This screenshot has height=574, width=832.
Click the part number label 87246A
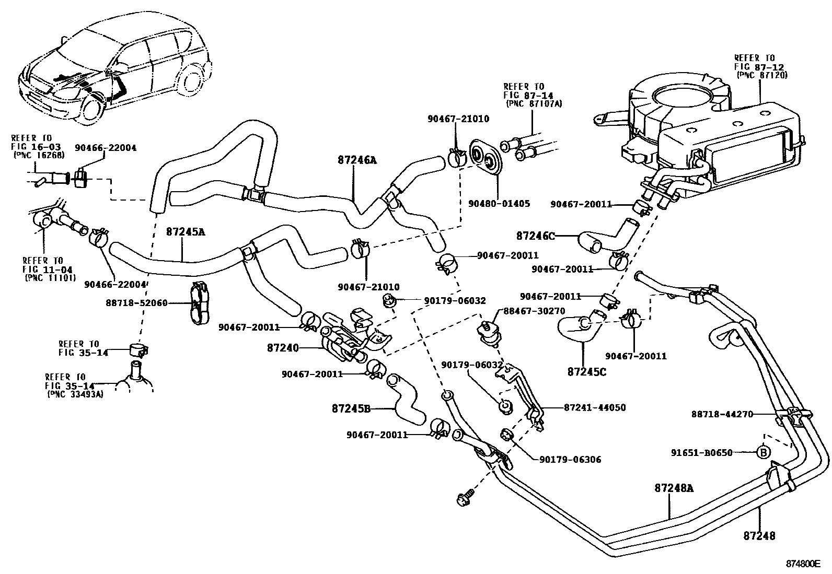[x=357, y=161]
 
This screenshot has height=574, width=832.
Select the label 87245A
[x=186, y=232]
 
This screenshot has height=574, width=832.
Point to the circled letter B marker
[x=764, y=452]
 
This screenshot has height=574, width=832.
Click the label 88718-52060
[x=137, y=303]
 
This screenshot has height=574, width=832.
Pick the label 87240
[x=282, y=348]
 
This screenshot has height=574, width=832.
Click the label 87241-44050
[x=595, y=407]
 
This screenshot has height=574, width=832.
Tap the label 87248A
[x=673, y=488]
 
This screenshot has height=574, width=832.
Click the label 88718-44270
[x=722, y=414]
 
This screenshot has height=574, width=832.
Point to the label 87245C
[x=587, y=372]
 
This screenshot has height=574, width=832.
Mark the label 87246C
[x=535, y=236]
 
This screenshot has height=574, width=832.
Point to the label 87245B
[x=351, y=408]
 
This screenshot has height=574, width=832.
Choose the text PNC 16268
[x=39, y=155]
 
